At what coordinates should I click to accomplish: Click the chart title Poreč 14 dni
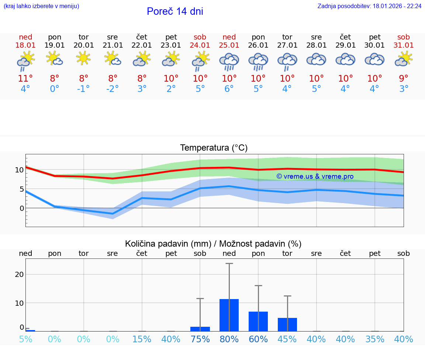click(x=175, y=11)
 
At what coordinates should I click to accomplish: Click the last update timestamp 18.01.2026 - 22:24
click(x=397, y=6)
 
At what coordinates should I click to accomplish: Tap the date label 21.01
click(x=113, y=45)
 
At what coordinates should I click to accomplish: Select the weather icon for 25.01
click(x=229, y=61)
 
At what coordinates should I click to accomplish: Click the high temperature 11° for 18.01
click(x=25, y=78)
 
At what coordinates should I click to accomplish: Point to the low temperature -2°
click(x=113, y=89)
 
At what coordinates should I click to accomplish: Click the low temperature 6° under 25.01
click(x=229, y=89)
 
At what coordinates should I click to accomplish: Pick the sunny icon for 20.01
click(x=84, y=58)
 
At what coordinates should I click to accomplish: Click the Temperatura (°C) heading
click(x=214, y=148)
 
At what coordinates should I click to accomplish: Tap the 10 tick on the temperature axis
click(x=20, y=170)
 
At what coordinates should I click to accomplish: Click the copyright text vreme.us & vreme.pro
click(x=315, y=176)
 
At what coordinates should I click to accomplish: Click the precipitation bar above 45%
click(x=287, y=324)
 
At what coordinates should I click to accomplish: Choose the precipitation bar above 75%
click(x=200, y=329)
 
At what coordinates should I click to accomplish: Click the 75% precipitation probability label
click(x=200, y=339)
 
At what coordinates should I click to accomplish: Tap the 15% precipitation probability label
click(x=142, y=339)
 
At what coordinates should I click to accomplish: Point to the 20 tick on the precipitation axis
click(x=20, y=274)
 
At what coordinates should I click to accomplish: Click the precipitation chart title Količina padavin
click(x=168, y=244)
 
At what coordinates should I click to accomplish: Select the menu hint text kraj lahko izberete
click(x=41, y=6)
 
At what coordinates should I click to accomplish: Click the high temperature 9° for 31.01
click(x=404, y=78)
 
